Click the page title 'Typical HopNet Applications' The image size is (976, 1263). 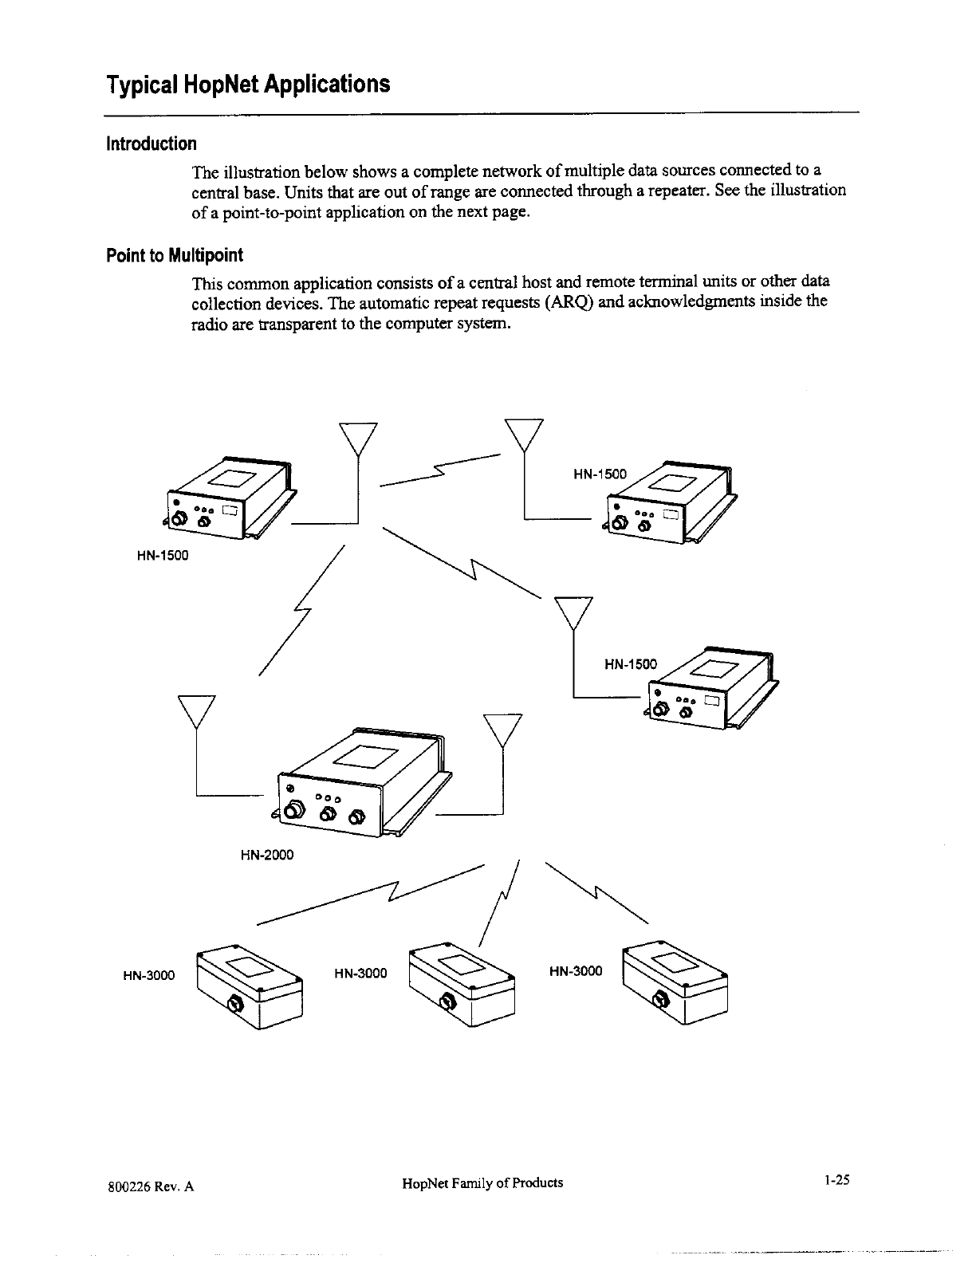click(x=249, y=84)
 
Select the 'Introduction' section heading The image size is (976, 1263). click(x=151, y=144)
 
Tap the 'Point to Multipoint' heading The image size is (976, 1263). click(x=174, y=255)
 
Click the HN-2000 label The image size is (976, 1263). click(x=266, y=856)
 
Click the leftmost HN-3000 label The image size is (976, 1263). click(x=148, y=974)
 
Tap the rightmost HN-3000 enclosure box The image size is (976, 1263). click(x=675, y=985)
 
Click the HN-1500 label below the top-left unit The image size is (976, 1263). click(x=162, y=556)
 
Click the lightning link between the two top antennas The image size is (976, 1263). click(x=441, y=472)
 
